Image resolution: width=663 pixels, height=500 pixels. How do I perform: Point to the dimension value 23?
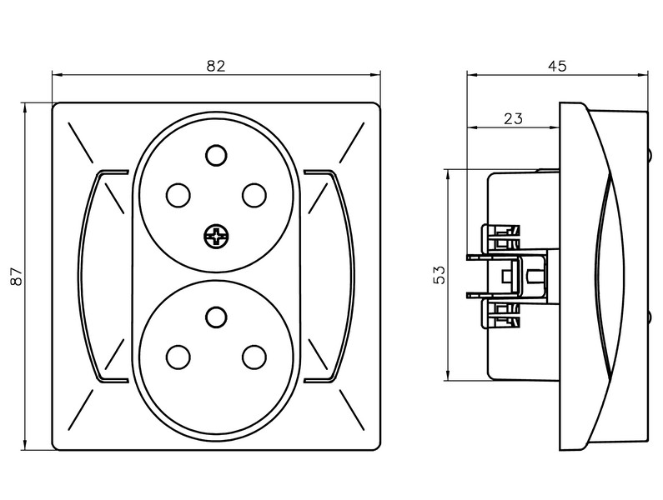(x=513, y=119)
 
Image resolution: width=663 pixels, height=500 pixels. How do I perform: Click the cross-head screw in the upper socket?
(x=215, y=237)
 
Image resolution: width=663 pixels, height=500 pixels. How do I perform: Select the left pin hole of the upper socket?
(x=178, y=195)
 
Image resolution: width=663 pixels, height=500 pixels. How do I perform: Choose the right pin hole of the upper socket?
(x=254, y=195)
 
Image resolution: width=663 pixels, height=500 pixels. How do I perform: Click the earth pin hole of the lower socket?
(x=216, y=316)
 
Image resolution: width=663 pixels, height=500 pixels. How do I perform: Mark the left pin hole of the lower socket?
(x=178, y=357)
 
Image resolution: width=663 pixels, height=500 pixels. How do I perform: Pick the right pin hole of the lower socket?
(x=254, y=357)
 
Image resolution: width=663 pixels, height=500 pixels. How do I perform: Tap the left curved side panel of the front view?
(x=97, y=275)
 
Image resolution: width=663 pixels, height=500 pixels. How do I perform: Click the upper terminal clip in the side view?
(x=500, y=238)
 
